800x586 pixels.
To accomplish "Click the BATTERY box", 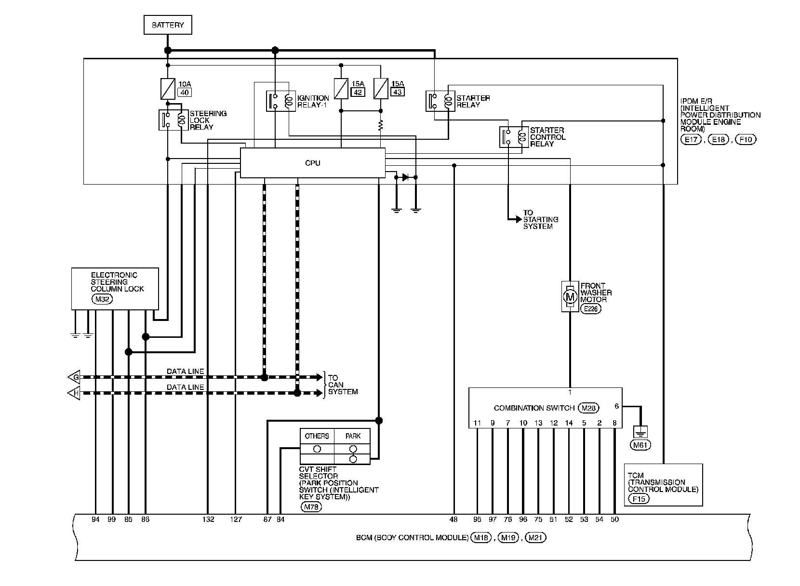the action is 168,25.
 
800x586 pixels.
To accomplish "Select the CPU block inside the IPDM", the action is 312,163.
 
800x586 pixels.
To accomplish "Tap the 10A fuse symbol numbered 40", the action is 168,89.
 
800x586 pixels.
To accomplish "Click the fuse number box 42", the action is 358,92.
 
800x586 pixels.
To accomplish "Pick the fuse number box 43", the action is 398,92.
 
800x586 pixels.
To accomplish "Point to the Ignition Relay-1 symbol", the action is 280,101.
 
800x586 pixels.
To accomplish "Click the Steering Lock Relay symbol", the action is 173,120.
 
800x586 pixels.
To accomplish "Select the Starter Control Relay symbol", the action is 514,137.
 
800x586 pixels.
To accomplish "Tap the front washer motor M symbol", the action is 570,296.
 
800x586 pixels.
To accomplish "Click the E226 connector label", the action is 591,309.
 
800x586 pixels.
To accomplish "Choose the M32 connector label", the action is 102,299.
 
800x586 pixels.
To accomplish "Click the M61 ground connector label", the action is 640,445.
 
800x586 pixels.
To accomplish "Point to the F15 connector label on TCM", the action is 639,499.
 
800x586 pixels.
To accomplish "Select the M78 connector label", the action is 311,506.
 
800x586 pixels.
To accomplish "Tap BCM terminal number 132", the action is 208,519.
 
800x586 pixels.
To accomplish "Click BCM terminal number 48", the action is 453,519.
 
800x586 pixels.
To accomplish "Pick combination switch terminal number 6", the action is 616,406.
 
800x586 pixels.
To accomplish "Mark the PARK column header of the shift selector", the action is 353,436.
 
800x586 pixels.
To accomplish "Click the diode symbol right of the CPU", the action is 405,177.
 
